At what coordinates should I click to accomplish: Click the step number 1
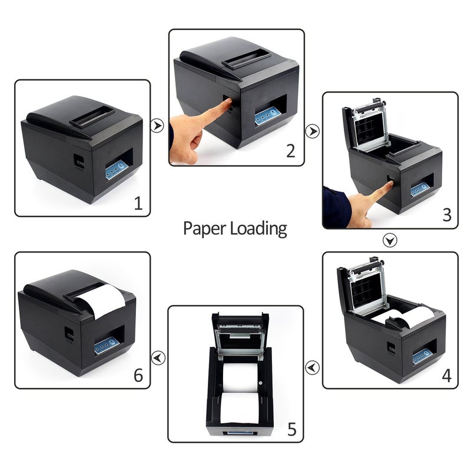[138, 204]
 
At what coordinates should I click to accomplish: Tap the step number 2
[290, 151]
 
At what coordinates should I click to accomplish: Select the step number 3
[447, 215]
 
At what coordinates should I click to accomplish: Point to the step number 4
[446, 375]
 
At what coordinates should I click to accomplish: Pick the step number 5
[292, 429]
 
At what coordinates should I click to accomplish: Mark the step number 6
[138, 375]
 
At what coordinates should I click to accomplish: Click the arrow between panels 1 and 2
[157, 125]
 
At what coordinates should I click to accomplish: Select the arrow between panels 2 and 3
[313, 131]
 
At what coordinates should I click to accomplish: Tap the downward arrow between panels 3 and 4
[390, 240]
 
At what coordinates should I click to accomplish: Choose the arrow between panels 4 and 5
[313, 367]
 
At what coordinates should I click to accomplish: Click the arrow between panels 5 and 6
[158, 357]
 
